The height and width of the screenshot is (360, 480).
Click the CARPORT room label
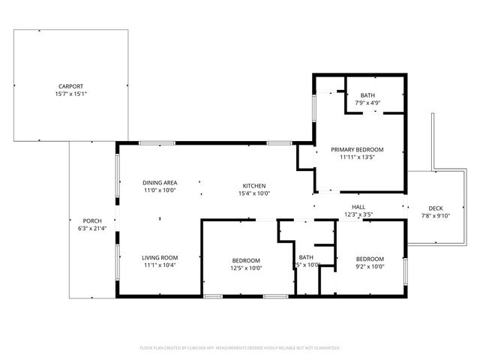71,86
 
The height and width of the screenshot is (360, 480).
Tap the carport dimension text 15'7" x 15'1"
71,94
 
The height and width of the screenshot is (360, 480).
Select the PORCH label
91,220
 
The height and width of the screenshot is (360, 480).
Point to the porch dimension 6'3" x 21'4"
91,229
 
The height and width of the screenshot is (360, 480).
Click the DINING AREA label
159,182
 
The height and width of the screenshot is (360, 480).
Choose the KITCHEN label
253,185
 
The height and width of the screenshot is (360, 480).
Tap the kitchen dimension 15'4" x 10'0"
253,193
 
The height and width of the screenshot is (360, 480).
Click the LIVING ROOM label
159,257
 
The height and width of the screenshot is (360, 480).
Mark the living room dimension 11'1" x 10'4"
159,265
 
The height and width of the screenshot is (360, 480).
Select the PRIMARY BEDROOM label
357,149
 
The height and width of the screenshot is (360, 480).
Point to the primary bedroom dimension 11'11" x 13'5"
357,157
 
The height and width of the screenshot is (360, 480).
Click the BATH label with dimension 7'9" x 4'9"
367,95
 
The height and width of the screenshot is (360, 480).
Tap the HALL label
358,207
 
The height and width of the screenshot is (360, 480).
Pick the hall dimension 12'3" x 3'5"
358,215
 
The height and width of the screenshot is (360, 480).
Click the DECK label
436,208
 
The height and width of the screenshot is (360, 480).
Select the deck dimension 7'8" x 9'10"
436,216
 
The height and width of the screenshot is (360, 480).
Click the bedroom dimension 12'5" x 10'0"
246,268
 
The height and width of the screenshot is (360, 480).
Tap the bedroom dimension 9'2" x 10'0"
369,265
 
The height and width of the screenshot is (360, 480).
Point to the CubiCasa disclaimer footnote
240,348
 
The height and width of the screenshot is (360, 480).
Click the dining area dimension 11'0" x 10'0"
159,190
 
